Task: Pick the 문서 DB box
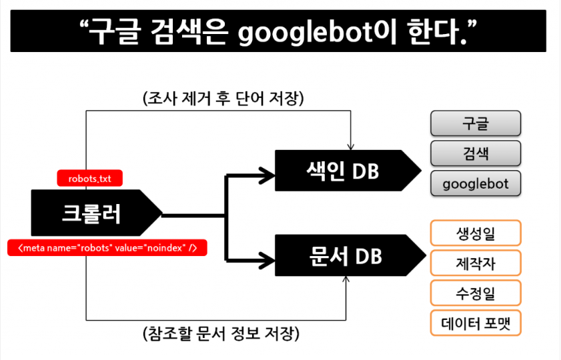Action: coord(350,255)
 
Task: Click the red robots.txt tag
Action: coord(90,178)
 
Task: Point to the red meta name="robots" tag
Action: coord(107,248)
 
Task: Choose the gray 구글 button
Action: coord(476,123)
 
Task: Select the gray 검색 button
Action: coord(476,153)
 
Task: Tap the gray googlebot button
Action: coord(476,183)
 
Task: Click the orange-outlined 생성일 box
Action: coord(476,233)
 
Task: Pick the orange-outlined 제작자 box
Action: coord(476,263)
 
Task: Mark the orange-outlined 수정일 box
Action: coord(476,293)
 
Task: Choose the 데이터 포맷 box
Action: coord(476,323)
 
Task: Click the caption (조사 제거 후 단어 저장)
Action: coord(223,98)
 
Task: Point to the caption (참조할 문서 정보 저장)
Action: coord(221,333)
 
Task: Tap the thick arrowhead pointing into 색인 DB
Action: coord(267,175)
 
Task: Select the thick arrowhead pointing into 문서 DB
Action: coord(267,260)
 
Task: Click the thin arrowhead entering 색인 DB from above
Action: coord(351,147)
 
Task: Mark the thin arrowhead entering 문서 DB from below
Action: coord(346,279)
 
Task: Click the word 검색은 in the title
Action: coord(189,32)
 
